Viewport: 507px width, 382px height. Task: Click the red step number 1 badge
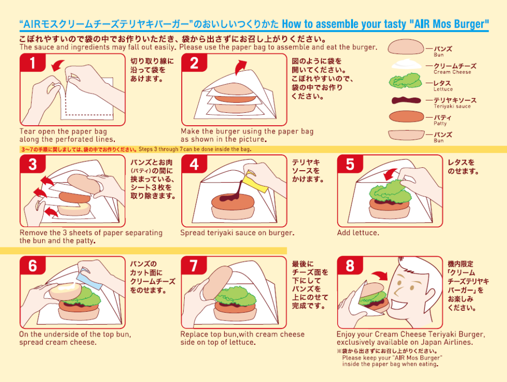[33, 63]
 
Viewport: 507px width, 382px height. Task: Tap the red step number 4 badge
[194, 164]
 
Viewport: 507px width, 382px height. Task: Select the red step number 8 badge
[350, 266]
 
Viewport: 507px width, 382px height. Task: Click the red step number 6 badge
[33, 266]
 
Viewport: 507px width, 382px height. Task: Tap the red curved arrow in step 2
[240, 67]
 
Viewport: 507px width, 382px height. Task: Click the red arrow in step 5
[391, 174]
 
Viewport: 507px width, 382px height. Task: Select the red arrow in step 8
[380, 275]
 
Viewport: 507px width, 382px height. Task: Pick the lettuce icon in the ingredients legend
[406, 81]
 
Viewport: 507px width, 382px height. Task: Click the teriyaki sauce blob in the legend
[406, 100]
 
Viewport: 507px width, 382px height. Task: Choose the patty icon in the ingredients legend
[406, 117]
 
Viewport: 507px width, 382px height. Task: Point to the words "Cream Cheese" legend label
[453, 72]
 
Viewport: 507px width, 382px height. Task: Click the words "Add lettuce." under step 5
[358, 233]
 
